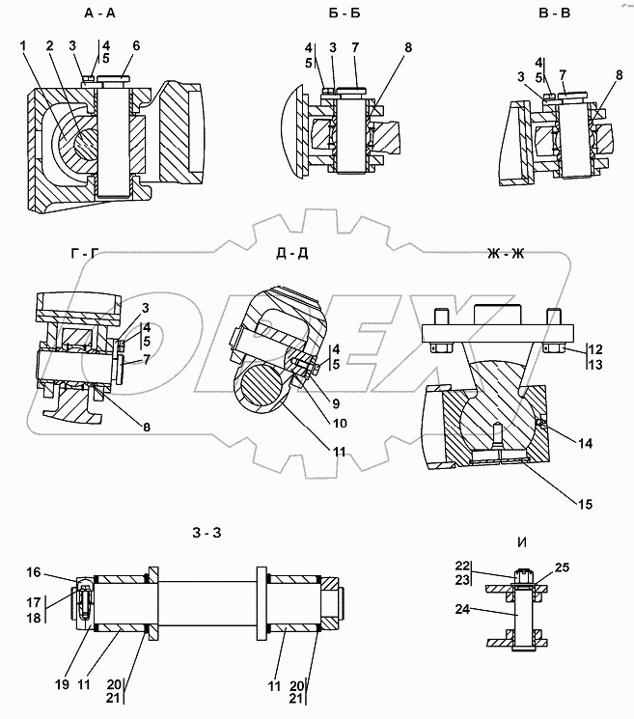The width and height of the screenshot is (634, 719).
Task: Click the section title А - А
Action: pos(100,14)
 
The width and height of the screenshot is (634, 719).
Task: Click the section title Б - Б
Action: pos(345,14)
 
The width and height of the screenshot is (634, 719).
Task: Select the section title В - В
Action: pos(554,14)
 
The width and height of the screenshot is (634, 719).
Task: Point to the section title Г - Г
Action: pos(86,253)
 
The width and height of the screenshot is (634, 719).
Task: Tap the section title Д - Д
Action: pos(292,253)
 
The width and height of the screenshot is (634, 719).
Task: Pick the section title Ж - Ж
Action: pos(506,253)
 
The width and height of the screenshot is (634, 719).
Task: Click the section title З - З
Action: pos(207,533)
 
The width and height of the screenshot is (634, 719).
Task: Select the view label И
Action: pos(522,542)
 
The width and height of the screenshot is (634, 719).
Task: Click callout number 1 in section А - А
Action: pos(23,45)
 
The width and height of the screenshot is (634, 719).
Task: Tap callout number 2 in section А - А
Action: pos(49,45)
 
